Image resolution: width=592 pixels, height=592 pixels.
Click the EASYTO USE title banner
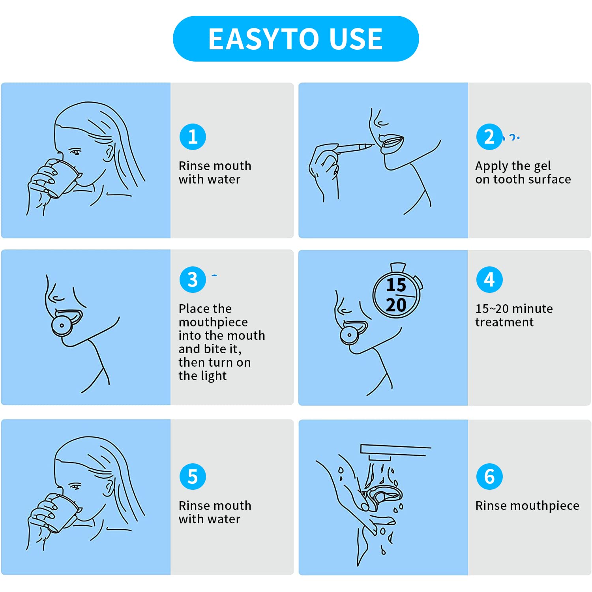coord(296,39)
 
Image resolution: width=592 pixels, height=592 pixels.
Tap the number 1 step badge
coord(193,137)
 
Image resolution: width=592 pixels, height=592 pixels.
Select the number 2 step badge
coord(489,137)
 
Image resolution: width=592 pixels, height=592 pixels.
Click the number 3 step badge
coord(193,279)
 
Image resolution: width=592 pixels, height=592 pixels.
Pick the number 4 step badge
coord(489,279)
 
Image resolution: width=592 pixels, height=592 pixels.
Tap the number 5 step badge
coord(193,476)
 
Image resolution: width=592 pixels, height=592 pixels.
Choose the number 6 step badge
coord(489,476)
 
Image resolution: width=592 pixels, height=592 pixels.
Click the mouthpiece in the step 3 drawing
coord(66,321)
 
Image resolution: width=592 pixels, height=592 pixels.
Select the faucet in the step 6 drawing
coord(395,452)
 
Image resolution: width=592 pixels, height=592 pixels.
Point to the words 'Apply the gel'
coord(513,166)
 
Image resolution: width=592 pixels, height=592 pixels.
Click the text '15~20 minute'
coord(514,309)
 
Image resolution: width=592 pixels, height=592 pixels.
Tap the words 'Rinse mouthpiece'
coord(527,506)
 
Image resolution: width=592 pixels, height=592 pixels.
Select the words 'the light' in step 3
coord(202,376)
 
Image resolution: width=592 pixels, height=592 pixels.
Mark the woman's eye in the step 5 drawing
coord(75,487)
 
